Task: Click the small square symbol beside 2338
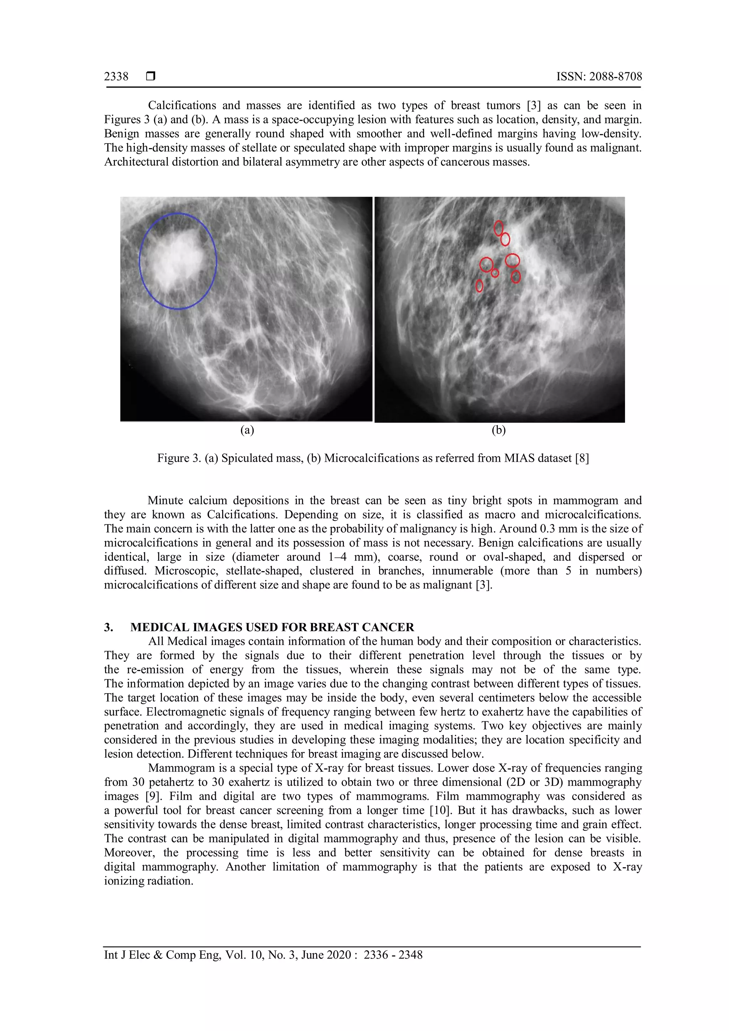(x=151, y=76)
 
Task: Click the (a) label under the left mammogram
(x=247, y=430)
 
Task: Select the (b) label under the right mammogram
(x=498, y=430)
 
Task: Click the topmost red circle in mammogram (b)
(x=498, y=227)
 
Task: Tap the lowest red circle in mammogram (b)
(x=479, y=286)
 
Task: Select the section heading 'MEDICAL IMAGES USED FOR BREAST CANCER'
(x=272, y=627)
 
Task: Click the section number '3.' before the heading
(x=109, y=627)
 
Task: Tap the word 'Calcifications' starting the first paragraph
(x=182, y=105)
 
